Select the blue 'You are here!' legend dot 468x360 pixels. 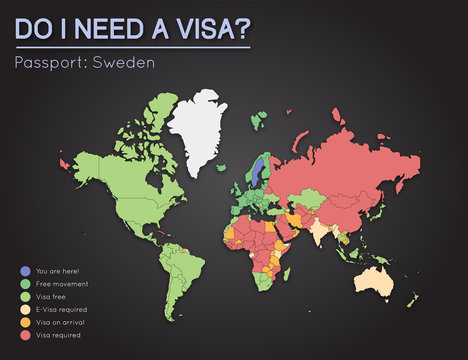pos(23,269)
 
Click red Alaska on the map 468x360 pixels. pos(68,160)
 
